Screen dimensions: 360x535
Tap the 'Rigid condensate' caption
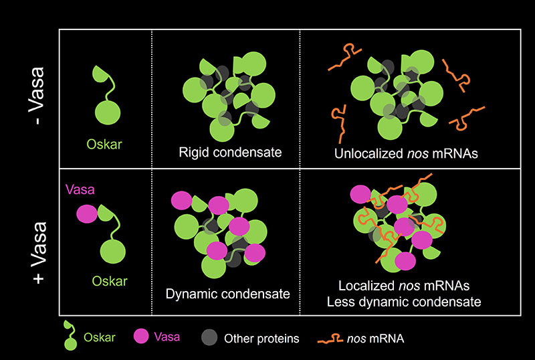pyautogui.click(x=230, y=152)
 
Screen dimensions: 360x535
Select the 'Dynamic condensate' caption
pyautogui.click(x=227, y=294)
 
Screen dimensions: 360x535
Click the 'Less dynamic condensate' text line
pyautogui.click(x=404, y=302)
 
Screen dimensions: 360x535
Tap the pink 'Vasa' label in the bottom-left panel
pyautogui.click(x=80, y=189)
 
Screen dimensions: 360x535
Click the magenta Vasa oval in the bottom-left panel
pyautogui.click(x=87, y=214)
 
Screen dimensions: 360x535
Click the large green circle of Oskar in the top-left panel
pyautogui.click(x=108, y=111)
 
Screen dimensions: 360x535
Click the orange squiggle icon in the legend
pyautogui.click(x=331, y=339)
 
